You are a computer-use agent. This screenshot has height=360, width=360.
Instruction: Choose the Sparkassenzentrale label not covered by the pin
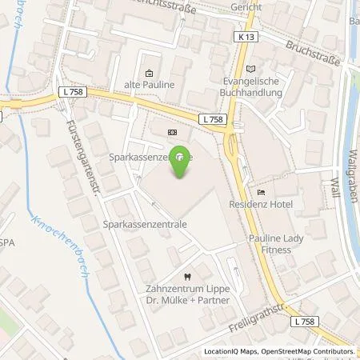pos(145,226)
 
